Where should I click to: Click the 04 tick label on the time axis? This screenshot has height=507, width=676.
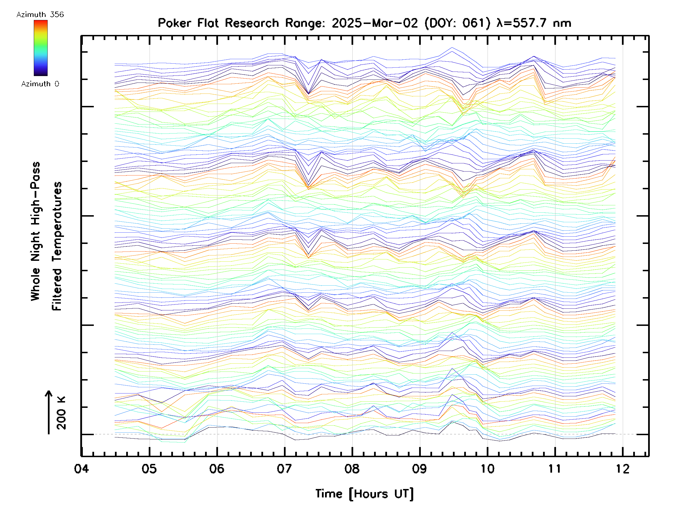click(x=81, y=468)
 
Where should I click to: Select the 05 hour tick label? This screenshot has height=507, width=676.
click(x=149, y=468)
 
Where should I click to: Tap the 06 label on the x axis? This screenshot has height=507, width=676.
click(x=217, y=468)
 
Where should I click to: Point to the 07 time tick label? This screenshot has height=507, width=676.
click(x=284, y=468)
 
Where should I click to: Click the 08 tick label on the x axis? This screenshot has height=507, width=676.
click(x=352, y=468)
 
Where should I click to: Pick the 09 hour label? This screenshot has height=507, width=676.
click(x=420, y=468)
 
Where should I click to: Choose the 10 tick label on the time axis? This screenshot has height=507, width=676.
click(x=487, y=468)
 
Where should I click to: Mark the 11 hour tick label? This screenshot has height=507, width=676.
click(x=555, y=468)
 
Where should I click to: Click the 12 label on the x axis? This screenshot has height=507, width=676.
click(x=622, y=468)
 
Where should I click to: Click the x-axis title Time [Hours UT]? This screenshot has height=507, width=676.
click(x=364, y=494)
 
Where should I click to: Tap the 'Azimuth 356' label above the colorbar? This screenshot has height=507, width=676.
click(x=40, y=14)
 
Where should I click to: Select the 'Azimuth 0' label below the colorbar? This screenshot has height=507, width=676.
click(x=40, y=84)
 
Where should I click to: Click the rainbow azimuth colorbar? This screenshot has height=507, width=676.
click(x=41, y=48)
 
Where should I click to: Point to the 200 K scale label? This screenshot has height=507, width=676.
click(x=61, y=413)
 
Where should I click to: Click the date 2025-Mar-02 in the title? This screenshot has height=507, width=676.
click(x=375, y=23)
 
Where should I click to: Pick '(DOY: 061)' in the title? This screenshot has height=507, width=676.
click(x=457, y=23)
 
